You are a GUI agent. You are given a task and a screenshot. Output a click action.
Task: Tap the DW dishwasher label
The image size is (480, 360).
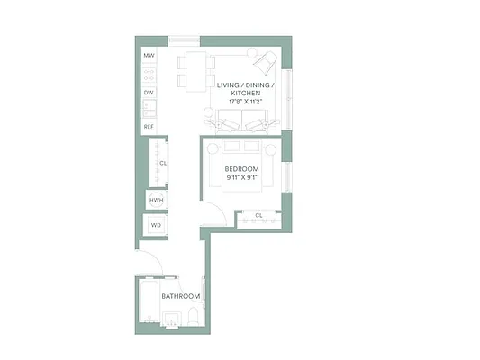149,92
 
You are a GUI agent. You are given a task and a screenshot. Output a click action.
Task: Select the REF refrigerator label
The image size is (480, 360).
149,127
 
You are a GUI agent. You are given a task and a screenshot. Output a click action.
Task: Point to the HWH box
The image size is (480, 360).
156,200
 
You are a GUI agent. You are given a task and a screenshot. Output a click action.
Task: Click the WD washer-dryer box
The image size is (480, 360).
156,225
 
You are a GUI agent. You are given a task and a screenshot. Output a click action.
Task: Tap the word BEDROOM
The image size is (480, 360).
241,169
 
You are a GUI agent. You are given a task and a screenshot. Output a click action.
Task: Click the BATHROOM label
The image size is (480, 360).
179,296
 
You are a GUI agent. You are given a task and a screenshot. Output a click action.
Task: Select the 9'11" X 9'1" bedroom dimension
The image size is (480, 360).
241,177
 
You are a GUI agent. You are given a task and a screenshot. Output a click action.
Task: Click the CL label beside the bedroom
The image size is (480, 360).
258,216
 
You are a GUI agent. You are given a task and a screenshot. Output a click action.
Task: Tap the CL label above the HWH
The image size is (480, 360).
163,163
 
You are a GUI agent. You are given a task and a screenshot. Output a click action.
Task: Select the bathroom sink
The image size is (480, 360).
170,319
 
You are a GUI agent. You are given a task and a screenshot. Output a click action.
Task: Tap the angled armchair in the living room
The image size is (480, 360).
265,63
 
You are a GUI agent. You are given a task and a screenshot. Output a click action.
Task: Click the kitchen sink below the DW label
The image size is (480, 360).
149,109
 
